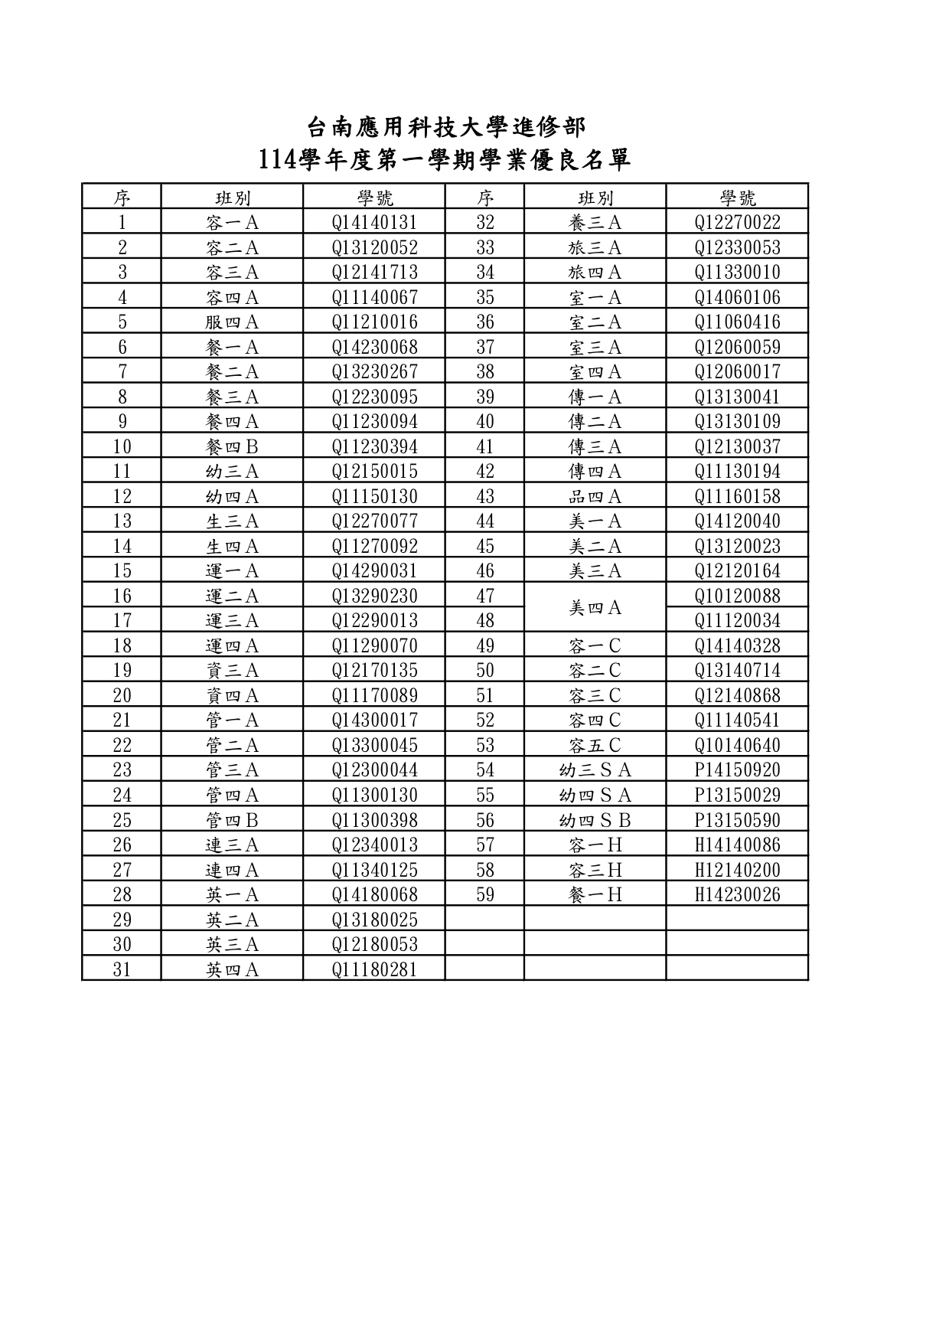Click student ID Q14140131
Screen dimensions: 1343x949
point(374,223)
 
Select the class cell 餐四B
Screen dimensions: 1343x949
point(232,446)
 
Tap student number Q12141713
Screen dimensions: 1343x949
point(374,273)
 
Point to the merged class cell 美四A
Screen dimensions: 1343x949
point(595,608)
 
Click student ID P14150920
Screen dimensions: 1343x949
point(737,770)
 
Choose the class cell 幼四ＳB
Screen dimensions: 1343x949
point(595,820)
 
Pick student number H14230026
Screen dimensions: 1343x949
point(737,894)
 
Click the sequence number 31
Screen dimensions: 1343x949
point(122,969)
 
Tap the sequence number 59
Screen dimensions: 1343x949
point(484,894)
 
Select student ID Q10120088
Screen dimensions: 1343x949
point(737,596)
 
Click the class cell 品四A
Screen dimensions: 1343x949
point(595,496)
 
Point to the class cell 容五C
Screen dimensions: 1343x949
point(595,745)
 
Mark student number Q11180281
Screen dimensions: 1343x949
point(374,969)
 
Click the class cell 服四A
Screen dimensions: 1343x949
point(232,322)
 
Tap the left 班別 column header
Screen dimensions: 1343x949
point(232,198)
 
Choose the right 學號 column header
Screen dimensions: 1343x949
point(737,198)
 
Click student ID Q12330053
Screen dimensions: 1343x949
point(737,247)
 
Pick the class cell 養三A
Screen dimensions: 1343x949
point(595,223)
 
